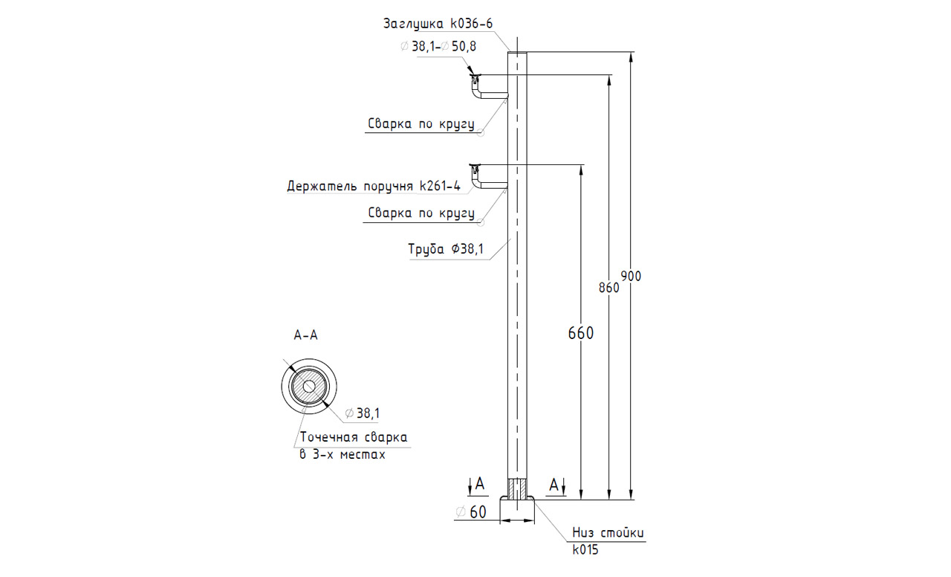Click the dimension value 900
click(x=631, y=276)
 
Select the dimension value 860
click(x=609, y=287)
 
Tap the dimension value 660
click(x=580, y=333)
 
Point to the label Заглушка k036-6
click(x=438, y=24)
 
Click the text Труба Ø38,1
click(x=446, y=250)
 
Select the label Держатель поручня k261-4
click(x=374, y=186)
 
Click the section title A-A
click(x=305, y=335)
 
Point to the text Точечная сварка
click(x=353, y=437)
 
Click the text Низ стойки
click(x=608, y=533)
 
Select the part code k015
click(x=585, y=550)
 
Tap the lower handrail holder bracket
click(x=487, y=176)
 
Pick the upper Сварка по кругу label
click(x=421, y=124)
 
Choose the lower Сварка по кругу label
click(x=421, y=213)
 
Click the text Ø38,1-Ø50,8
click(x=438, y=46)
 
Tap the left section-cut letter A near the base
click(x=480, y=485)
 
